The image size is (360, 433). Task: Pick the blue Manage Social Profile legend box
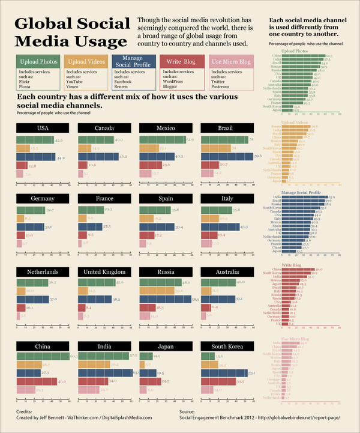[x=132, y=61]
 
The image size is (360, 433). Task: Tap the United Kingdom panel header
[x=104, y=272]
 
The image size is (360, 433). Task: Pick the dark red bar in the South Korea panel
[x=218, y=381]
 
